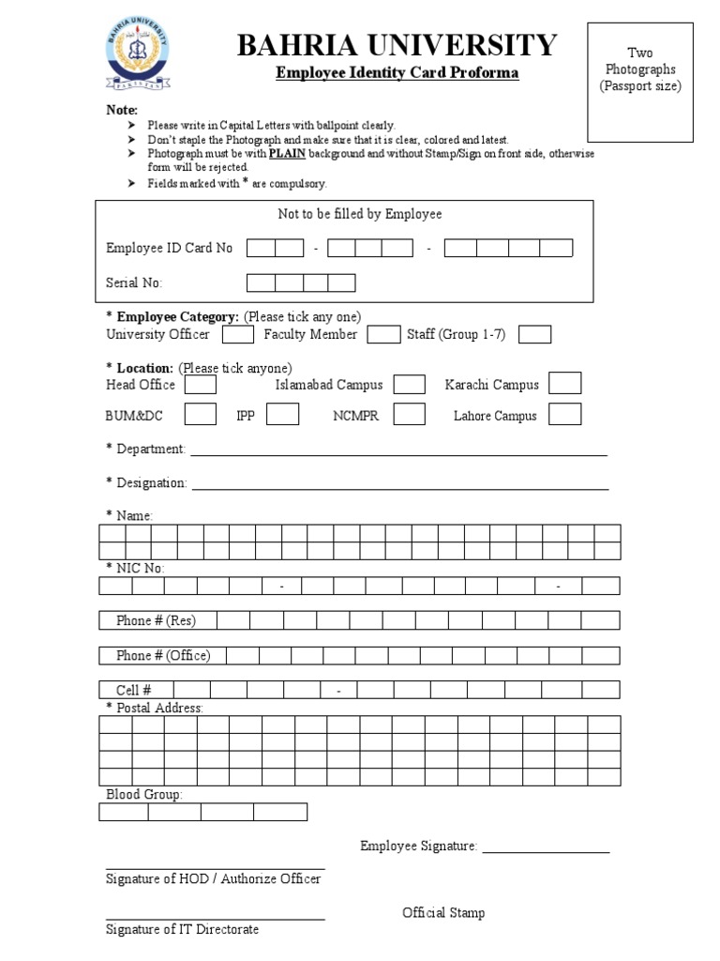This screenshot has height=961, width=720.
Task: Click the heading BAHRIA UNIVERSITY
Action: point(397,44)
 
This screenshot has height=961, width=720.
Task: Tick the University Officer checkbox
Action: point(237,335)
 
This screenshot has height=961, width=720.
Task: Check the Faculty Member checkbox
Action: point(383,335)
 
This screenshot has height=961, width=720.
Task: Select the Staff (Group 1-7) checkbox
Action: point(534,335)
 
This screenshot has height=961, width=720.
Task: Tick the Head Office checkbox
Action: point(201,385)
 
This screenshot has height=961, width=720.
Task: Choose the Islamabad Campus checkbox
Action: point(409,385)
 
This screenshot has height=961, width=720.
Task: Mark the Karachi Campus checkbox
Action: point(564,384)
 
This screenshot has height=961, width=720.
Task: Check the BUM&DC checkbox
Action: point(201,415)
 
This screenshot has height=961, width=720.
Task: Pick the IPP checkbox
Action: point(283,415)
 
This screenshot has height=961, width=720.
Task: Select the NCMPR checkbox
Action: point(409,415)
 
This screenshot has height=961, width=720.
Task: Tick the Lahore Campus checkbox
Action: point(564,415)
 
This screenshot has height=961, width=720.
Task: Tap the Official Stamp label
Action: point(443,913)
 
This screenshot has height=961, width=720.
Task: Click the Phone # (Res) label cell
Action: point(156,620)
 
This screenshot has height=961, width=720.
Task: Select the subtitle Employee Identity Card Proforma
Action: point(397,74)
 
